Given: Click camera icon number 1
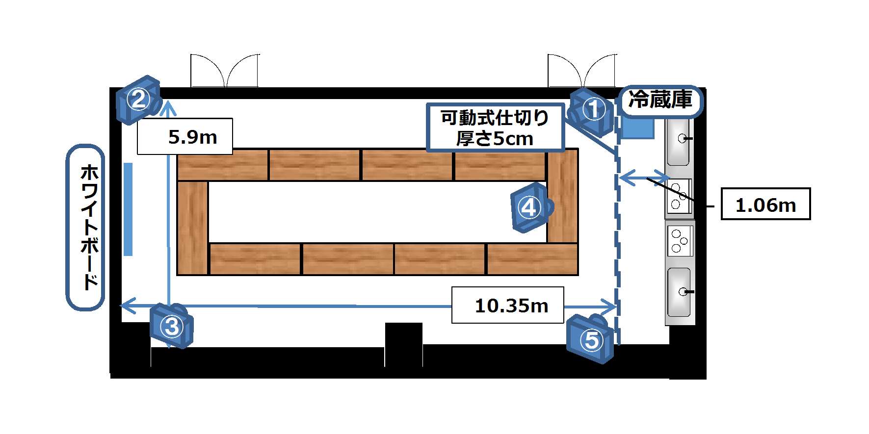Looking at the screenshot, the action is click(592, 112).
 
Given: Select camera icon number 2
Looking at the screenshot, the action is click(139, 100).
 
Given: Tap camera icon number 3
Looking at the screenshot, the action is click(172, 326).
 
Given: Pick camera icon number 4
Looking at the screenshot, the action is click(531, 207).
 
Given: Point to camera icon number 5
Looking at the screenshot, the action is click(591, 339).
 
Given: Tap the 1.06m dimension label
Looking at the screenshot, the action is click(765, 204).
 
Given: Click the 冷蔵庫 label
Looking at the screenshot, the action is click(660, 101).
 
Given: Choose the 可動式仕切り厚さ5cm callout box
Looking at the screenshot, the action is click(496, 128).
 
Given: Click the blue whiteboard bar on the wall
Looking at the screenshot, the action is click(128, 209).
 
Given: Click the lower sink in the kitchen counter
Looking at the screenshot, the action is click(680, 292).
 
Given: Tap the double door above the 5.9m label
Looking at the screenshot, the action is click(225, 71).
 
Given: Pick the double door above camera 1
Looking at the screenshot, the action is click(582, 71).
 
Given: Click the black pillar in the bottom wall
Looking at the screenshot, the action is click(403, 344).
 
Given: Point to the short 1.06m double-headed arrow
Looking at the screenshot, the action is click(644, 177).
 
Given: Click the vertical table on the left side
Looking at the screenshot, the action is click(192, 228).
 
